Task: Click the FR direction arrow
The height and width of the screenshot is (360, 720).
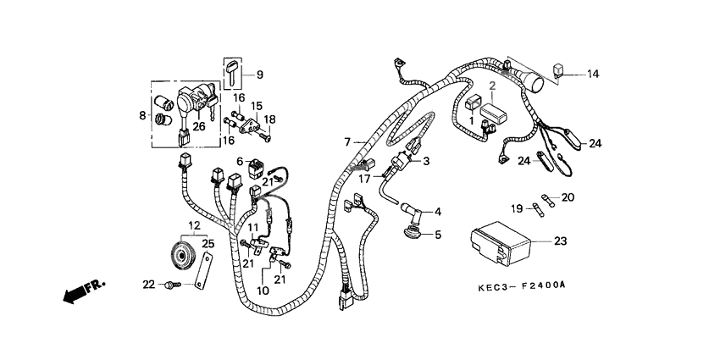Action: [79, 291]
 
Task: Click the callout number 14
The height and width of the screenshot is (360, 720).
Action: [592, 75]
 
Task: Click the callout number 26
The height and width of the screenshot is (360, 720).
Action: [198, 127]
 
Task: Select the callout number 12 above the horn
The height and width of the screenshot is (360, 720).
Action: [194, 225]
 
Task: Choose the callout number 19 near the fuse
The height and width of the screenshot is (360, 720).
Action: [516, 207]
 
